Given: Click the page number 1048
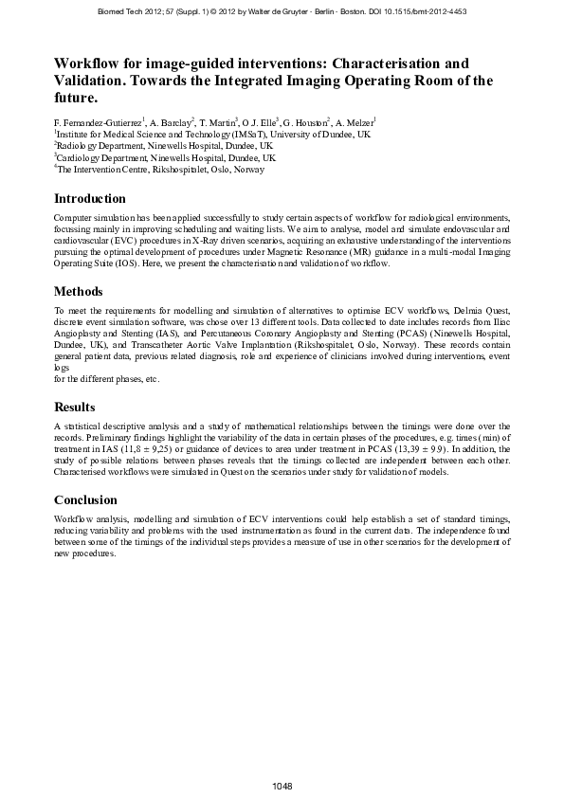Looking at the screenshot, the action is tap(282, 786).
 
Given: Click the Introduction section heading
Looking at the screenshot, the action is tap(90, 199).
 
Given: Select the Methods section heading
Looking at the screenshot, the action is tap(79, 291).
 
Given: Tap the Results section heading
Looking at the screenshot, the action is tap(75, 407).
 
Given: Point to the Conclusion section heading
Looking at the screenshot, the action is tap(86, 499).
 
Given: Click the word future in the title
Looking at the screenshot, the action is tap(76, 98).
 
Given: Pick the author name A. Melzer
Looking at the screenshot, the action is tap(355, 122).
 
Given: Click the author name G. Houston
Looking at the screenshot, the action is tap(306, 122).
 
